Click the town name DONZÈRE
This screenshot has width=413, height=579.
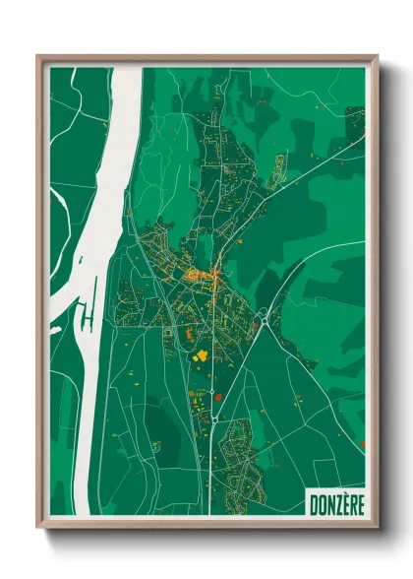tap(334, 503)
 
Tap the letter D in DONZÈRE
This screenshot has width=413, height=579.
tap(313, 503)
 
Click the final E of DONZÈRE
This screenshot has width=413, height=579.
tap(358, 503)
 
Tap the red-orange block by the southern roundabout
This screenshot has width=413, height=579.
tap(219, 398)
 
